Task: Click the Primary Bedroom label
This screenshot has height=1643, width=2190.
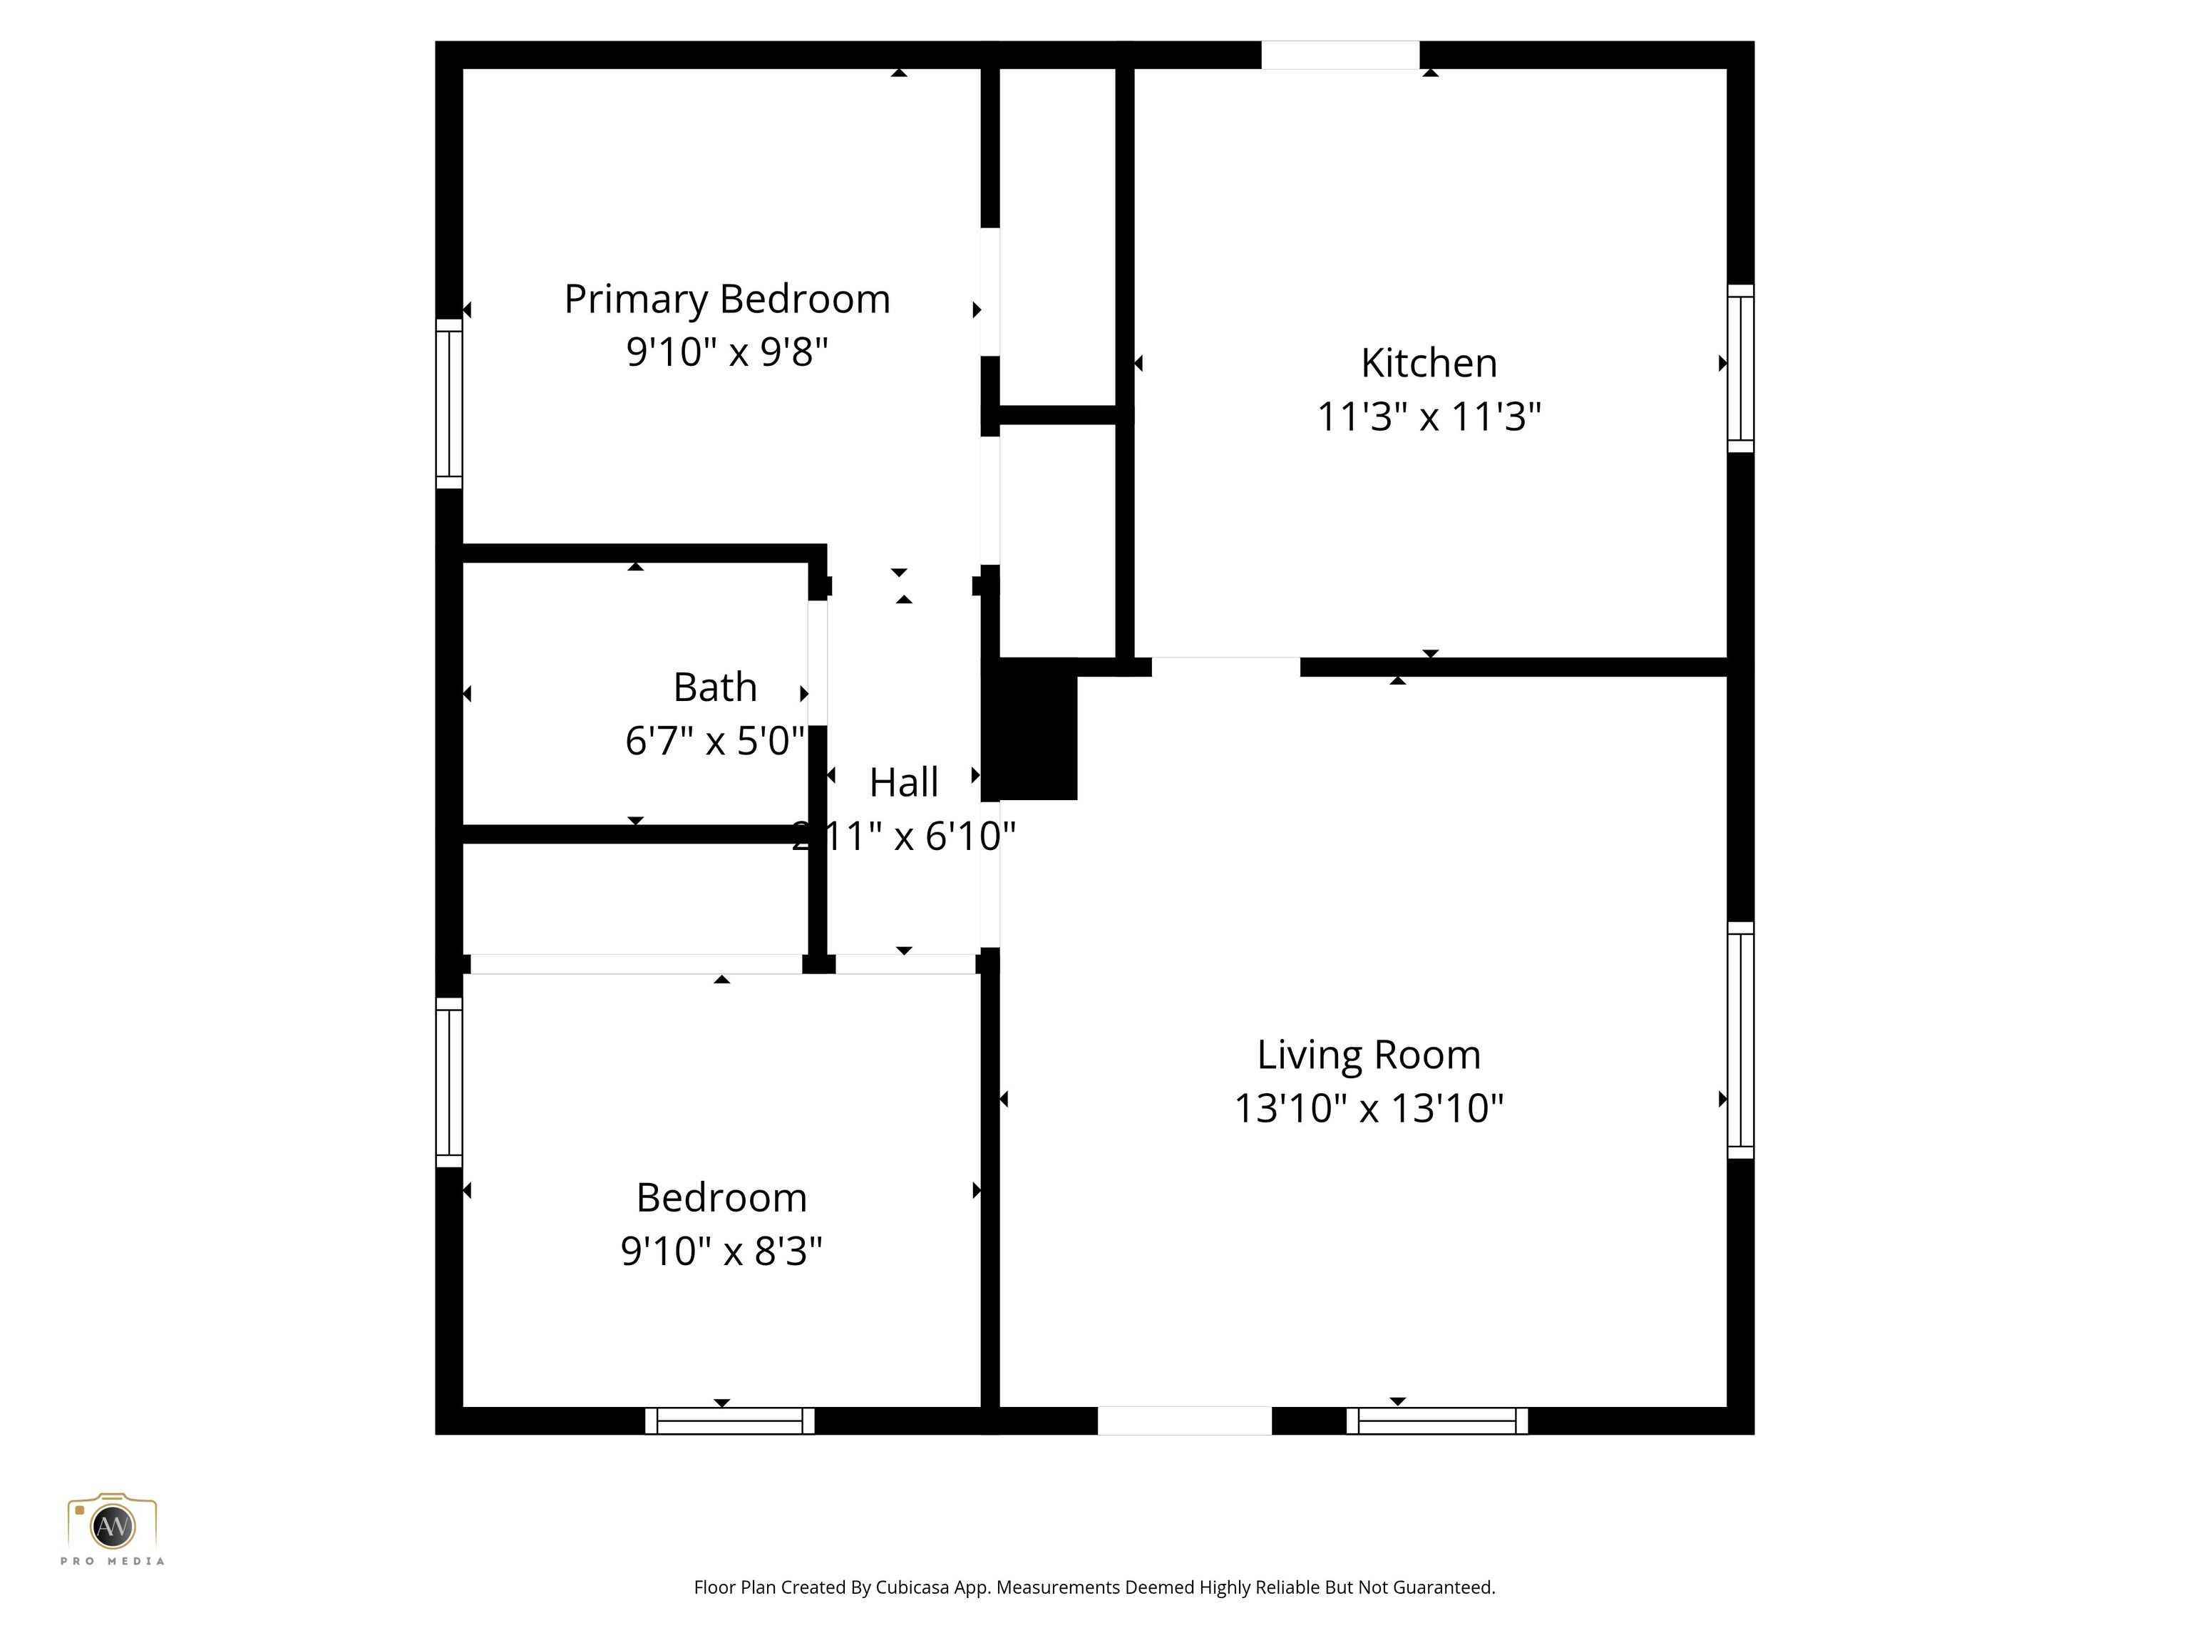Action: click(726, 299)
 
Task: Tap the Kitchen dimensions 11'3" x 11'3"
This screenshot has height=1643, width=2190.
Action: click(1428, 417)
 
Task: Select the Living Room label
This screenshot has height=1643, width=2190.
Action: click(1368, 1055)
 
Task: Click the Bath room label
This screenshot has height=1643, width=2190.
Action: click(715, 687)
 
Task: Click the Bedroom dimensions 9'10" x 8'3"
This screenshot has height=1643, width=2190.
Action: click(721, 1251)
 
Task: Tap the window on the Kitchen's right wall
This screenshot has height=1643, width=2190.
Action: click(1739, 369)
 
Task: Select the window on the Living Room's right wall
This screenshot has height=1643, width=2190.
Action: click(1739, 1040)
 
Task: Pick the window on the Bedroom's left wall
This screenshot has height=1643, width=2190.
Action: click(450, 1082)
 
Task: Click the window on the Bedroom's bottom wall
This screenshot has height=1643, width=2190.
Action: click(730, 1421)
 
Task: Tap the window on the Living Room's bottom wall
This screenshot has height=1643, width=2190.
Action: click(1436, 1421)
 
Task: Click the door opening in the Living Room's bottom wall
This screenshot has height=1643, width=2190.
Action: click(1184, 1421)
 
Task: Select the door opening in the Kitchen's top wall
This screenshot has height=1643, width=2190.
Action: click(1340, 54)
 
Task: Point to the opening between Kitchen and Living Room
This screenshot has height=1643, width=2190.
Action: click(1225, 667)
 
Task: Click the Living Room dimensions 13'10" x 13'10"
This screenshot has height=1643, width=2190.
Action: click(1368, 1108)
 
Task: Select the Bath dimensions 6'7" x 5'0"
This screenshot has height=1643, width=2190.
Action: click(715, 741)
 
